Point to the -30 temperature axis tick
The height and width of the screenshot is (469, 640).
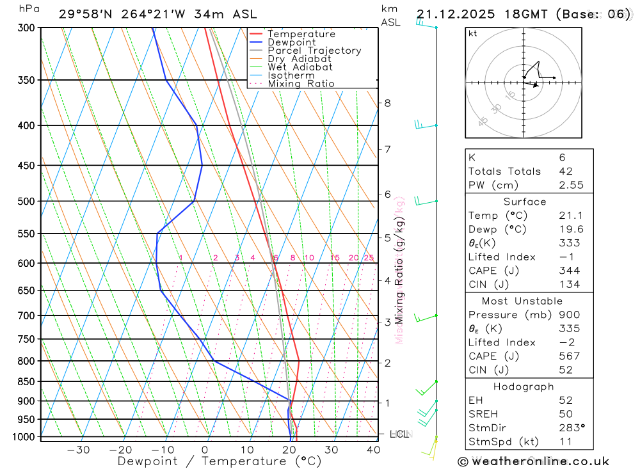79,450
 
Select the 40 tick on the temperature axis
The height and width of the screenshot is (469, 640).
372,450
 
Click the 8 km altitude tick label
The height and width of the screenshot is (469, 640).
387,103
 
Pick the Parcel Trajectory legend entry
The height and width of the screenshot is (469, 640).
314,51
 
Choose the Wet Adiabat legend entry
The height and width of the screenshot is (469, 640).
300,67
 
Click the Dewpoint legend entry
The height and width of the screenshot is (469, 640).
292,42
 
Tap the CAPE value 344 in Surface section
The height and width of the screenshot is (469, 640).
569,271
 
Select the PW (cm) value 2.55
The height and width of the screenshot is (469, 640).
571,185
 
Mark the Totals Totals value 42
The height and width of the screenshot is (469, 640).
566,171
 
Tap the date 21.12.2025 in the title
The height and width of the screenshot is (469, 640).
456,14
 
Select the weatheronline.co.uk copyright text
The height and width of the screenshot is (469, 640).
533,461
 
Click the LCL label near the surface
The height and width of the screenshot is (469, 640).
398,434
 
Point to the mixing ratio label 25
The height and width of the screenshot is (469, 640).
369,258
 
